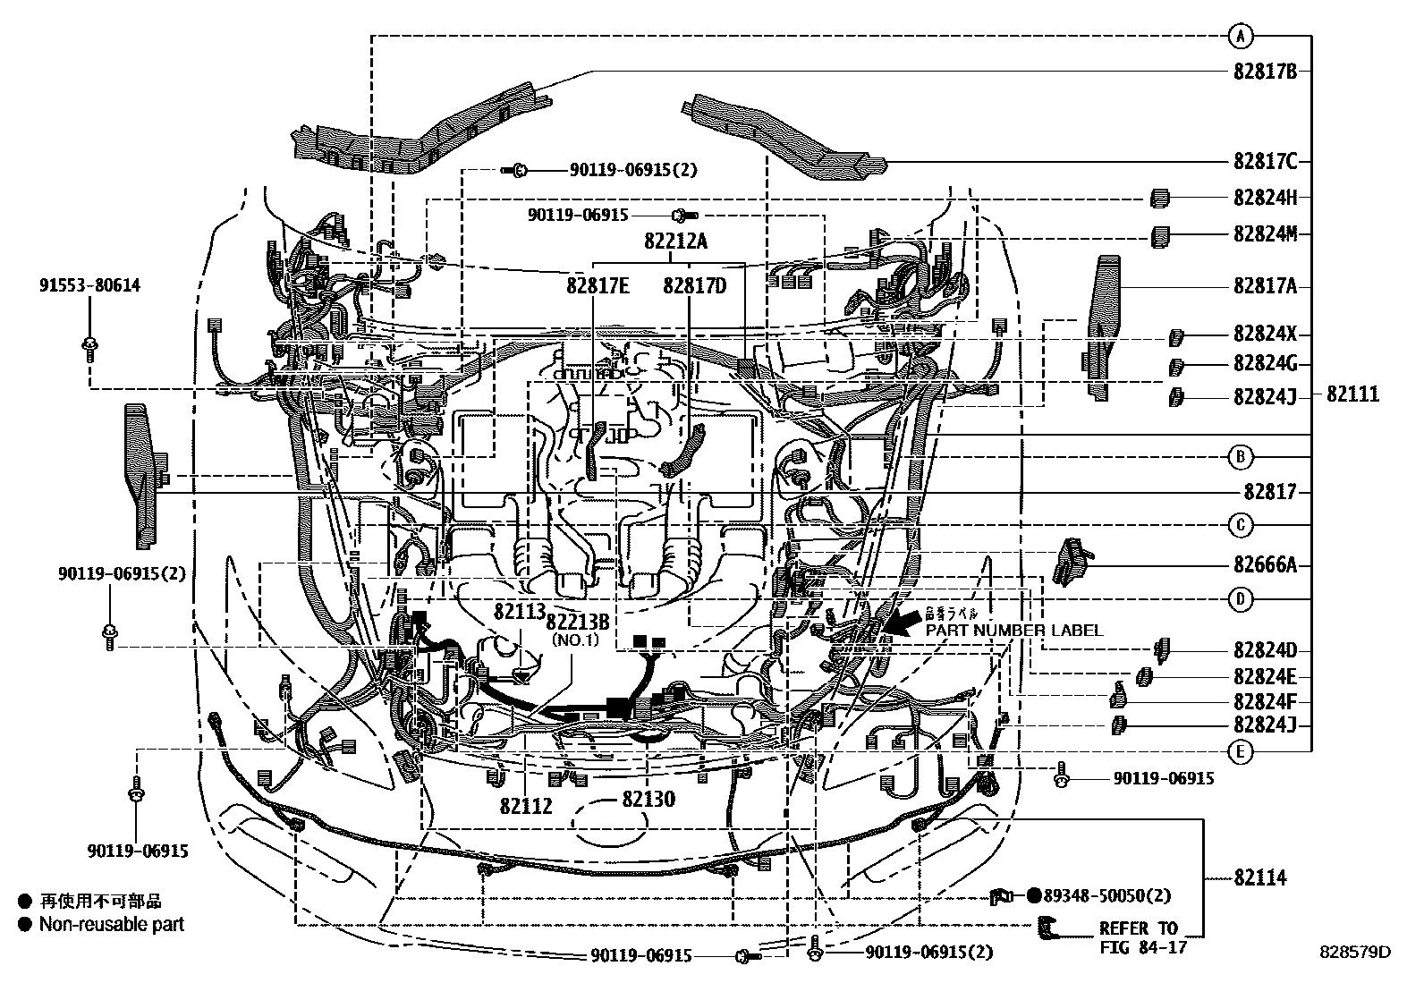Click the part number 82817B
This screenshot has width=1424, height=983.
point(1264,72)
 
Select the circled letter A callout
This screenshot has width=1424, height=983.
point(1240,37)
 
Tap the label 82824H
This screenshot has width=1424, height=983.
point(1264,198)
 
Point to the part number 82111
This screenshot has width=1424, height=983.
point(1352,394)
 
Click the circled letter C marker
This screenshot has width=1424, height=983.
point(1240,525)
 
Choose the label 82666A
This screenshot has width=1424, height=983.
point(1264,564)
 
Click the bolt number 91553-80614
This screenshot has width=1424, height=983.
point(89,286)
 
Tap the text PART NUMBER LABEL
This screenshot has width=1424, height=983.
point(1013,631)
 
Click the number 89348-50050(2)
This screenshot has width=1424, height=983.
point(1107,895)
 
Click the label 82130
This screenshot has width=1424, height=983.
point(648,800)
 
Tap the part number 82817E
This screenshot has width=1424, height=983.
point(597,286)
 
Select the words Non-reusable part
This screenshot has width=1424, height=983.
point(111,924)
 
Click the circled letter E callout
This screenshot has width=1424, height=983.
point(1240,752)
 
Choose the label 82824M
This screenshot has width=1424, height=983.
point(1264,235)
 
